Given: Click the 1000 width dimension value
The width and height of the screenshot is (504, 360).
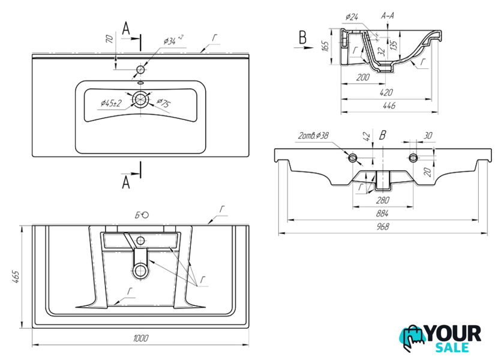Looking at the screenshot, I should pos(140,338).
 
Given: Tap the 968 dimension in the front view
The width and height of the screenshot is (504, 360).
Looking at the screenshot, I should pos(383,227).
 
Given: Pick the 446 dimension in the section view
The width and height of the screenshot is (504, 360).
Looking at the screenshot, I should pos(388,106).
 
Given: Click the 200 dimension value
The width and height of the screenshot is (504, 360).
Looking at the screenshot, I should pos(362,77).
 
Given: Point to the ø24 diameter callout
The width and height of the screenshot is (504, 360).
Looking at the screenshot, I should pos(352,16).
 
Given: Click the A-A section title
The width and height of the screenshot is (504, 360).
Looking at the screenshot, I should pos(388,16).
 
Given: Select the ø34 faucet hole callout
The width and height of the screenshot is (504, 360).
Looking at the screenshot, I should pos(173,40).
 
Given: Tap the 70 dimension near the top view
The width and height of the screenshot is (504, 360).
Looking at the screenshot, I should pos(110,40).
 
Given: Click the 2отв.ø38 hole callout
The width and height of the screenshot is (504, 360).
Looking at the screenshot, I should pos(313,136).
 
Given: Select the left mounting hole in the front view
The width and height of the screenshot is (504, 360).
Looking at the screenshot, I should pos(353,158).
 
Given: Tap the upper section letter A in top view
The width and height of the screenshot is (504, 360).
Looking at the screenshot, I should pos(126,28).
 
